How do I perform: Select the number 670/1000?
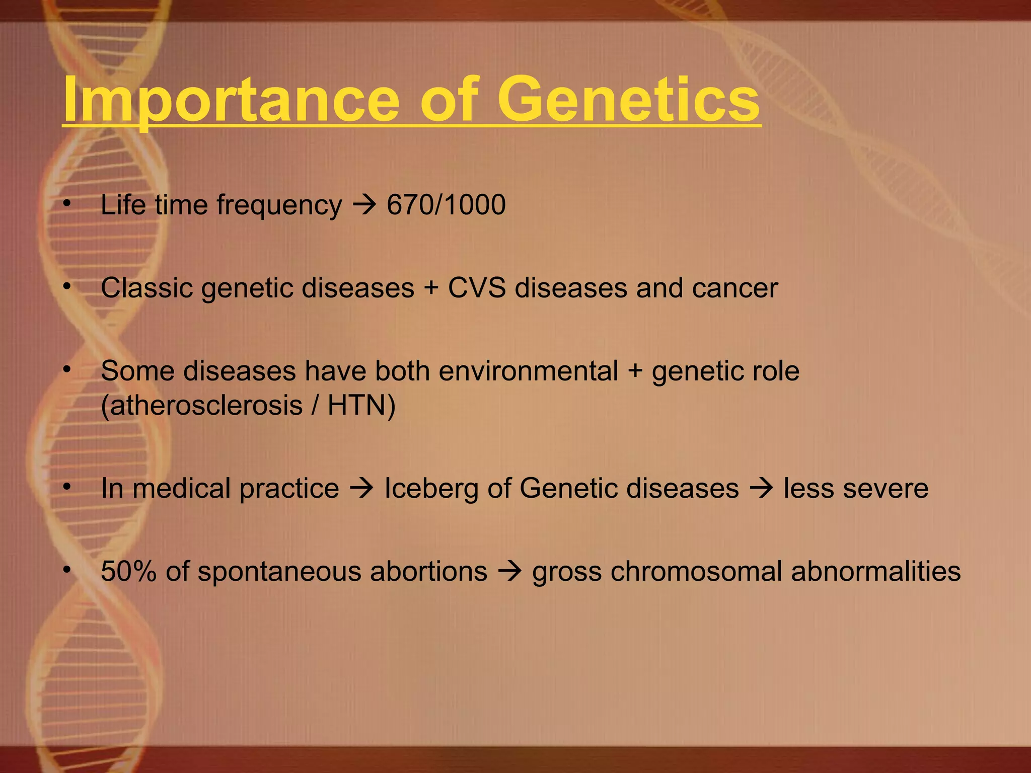(446, 205)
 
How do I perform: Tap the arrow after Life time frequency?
(364, 205)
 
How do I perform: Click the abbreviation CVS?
(477, 288)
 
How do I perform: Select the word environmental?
(528, 371)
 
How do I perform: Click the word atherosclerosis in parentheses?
(201, 405)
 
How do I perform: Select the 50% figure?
(129, 572)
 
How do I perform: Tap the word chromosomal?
(697, 572)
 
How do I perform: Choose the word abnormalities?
(875, 572)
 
